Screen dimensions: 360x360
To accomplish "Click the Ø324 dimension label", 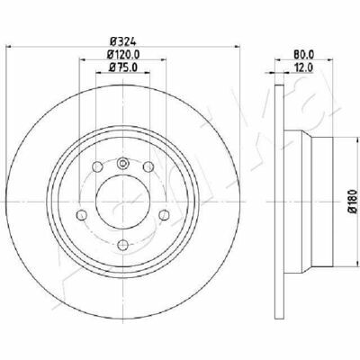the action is tap(123, 40).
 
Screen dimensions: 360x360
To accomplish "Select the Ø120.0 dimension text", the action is tap(123, 54).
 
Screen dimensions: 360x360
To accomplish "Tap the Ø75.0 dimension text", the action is tap(123, 67).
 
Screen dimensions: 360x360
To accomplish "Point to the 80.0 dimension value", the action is tap(304, 54).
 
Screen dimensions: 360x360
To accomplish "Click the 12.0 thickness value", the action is tap(304, 67).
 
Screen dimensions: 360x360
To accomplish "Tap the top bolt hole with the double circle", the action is tap(122, 164).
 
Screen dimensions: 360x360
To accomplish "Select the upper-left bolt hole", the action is tap(97, 166).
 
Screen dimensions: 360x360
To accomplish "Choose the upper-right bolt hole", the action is tap(148, 166).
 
